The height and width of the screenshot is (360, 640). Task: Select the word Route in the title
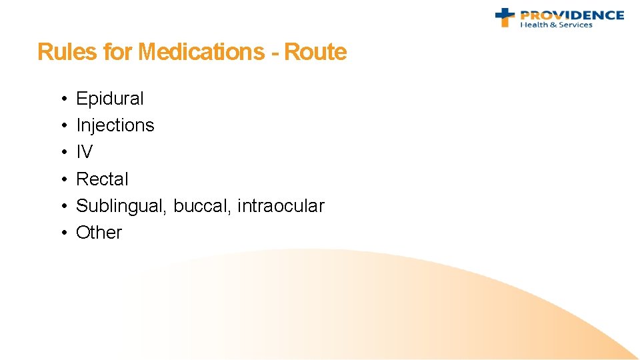pyautogui.click(x=315, y=52)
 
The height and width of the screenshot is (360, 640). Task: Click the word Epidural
pyautogui.click(x=110, y=99)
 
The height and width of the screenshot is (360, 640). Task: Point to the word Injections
pyautogui.click(x=115, y=125)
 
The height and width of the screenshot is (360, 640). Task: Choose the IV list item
pyautogui.click(x=84, y=152)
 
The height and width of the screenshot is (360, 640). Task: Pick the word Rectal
pyautogui.click(x=102, y=179)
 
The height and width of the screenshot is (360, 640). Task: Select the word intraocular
pyautogui.click(x=281, y=206)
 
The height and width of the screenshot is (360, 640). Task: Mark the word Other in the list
pyautogui.click(x=99, y=233)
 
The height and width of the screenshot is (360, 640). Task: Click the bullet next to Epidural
pyautogui.click(x=61, y=99)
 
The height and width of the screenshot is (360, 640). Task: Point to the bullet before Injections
pyautogui.click(x=61, y=126)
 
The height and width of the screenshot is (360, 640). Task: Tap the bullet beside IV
pyautogui.click(x=61, y=153)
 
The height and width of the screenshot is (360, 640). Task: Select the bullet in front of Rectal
pyautogui.click(x=61, y=179)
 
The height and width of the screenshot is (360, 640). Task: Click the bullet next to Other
pyautogui.click(x=61, y=233)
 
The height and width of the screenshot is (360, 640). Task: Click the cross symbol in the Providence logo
pyautogui.click(x=505, y=17)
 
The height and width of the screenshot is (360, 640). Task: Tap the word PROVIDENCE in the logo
pyautogui.click(x=572, y=15)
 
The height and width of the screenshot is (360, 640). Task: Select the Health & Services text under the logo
pyautogui.click(x=556, y=25)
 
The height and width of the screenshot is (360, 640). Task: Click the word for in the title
pyautogui.click(x=117, y=52)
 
